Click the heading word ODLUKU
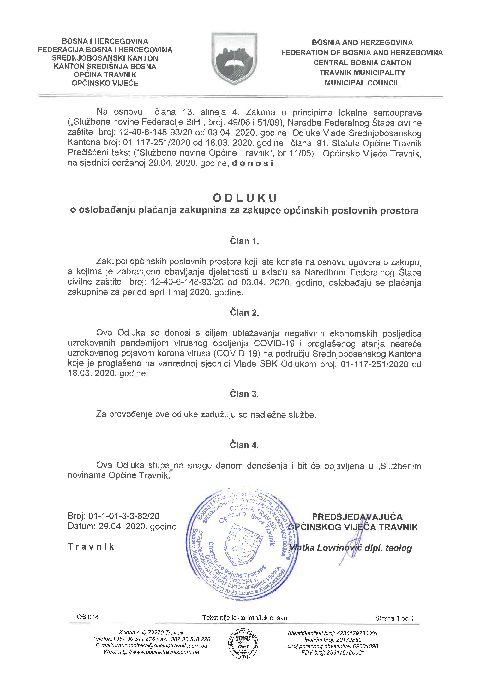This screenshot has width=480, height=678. [244, 198]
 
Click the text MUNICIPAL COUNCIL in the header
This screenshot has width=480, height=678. [362, 83]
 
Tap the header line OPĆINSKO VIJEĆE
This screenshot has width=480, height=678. [105, 83]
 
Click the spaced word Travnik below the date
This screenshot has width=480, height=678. [91, 547]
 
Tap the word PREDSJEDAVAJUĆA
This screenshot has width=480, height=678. [357, 517]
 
